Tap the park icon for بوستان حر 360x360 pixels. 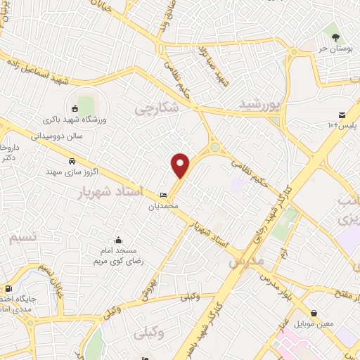[x=334, y=37]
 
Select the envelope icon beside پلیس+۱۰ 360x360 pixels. [x=342, y=115]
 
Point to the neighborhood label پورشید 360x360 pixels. [x=260, y=105]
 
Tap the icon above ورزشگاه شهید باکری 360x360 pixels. [x=75, y=108]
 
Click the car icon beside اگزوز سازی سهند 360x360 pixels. [x=72, y=161]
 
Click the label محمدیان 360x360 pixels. [x=163, y=206]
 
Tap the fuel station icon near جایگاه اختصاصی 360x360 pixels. [x=8, y=288]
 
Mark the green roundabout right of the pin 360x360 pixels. [x=214, y=148]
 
